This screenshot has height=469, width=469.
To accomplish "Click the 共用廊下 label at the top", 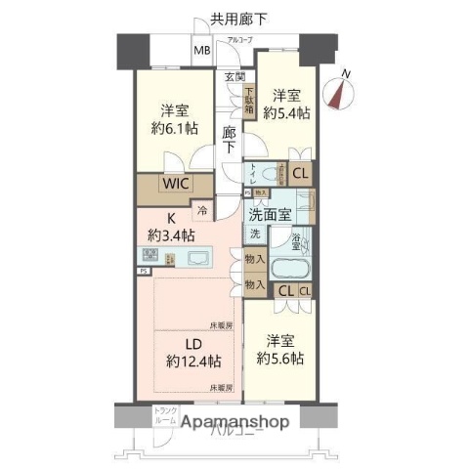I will point(238,18).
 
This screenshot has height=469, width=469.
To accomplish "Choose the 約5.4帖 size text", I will point(285,112).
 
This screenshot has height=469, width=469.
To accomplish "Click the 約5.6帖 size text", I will point(281,359).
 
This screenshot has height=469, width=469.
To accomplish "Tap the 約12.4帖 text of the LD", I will point(193,361).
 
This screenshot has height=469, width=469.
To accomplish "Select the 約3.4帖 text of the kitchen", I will point(172,235).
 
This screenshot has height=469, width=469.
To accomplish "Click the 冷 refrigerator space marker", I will point(202,209).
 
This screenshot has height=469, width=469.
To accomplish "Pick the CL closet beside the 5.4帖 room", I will point(300,175).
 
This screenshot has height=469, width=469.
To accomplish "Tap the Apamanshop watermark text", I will point(234,423).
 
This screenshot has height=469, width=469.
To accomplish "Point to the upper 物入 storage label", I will point(252,262).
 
